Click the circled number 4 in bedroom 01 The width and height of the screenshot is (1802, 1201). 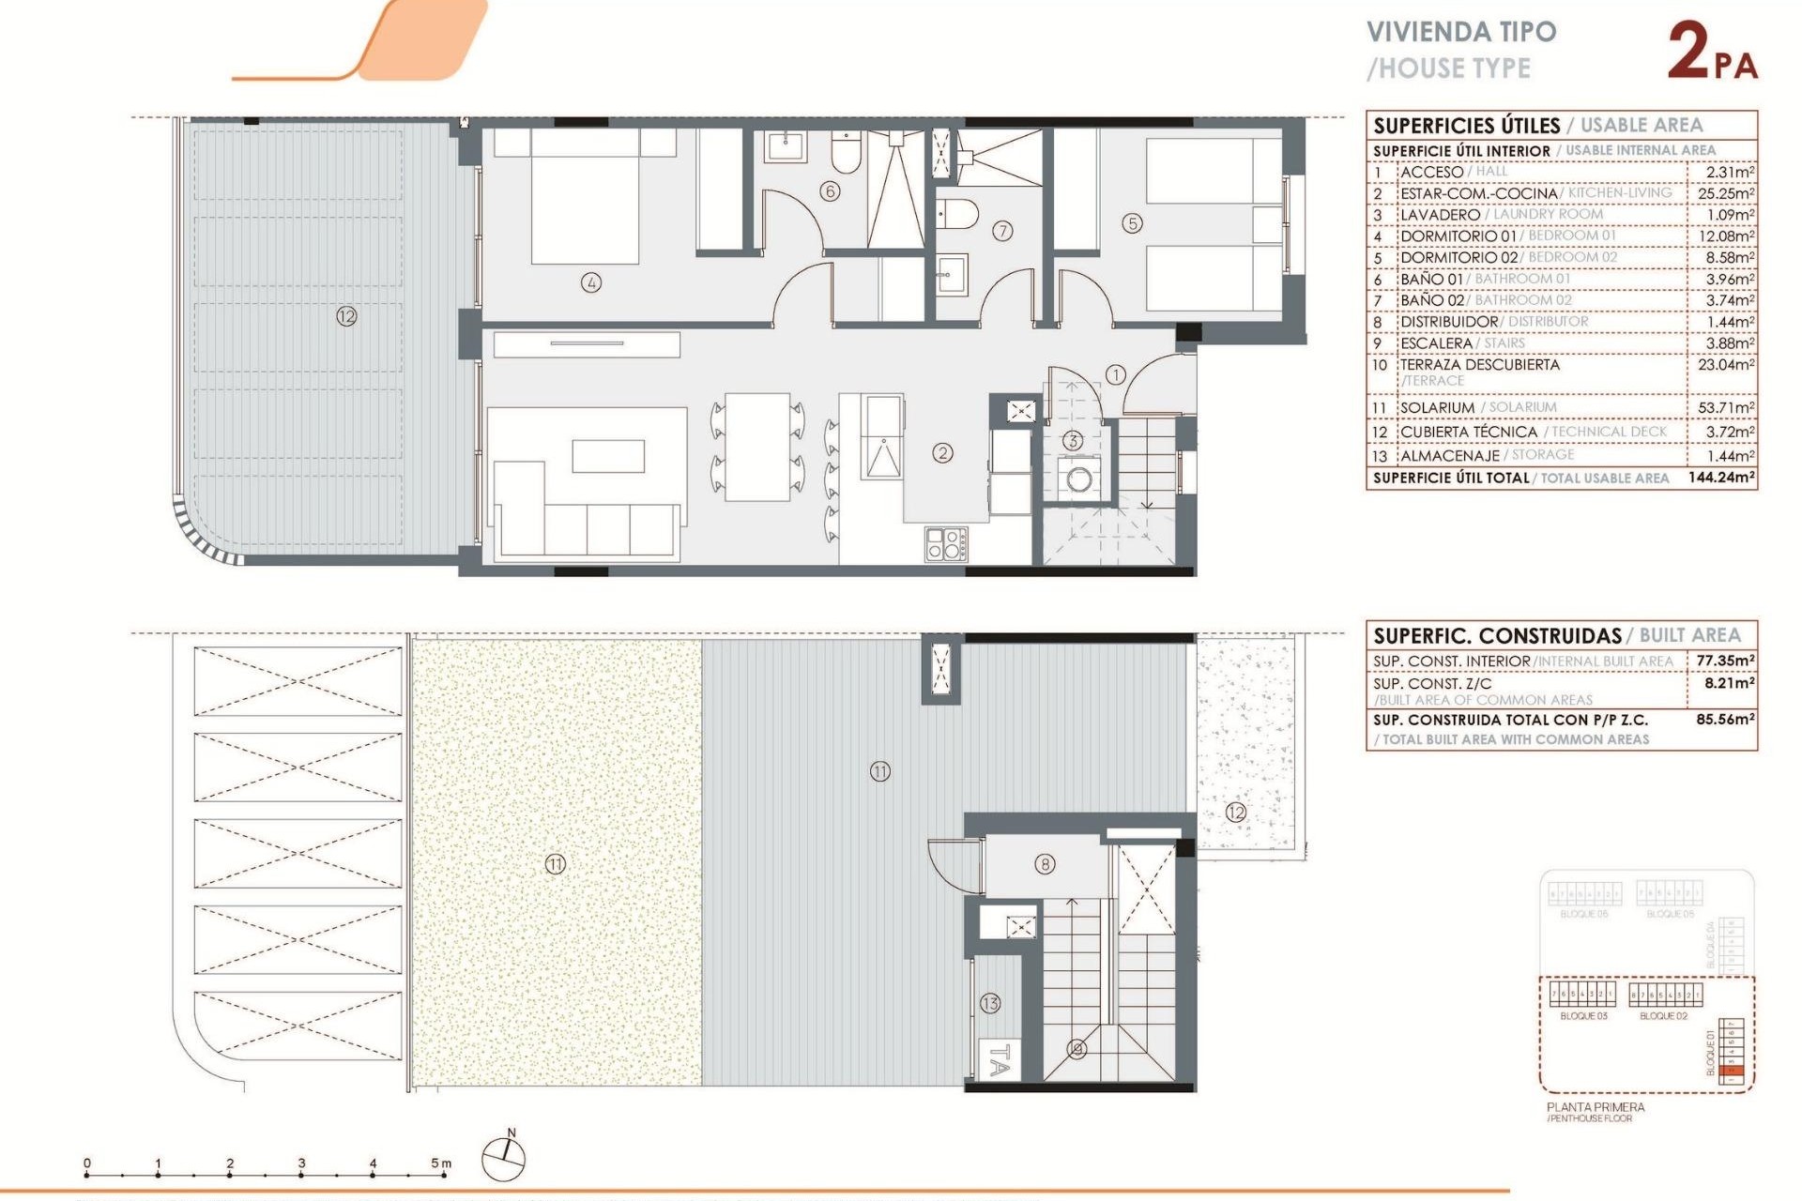[590, 282]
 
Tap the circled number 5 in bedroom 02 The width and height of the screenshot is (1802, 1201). [1133, 223]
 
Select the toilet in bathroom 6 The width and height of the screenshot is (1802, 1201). [846, 153]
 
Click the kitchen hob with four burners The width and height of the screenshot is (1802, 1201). [946, 544]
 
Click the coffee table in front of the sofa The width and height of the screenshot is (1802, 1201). [608, 456]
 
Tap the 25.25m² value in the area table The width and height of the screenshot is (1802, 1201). [1725, 193]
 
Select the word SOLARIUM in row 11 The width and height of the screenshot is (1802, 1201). [1437, 407]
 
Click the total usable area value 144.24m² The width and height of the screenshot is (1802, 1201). [1721, 478]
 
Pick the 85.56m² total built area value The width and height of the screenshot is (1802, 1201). [1725, 720]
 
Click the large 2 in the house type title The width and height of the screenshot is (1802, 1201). [1688, 52]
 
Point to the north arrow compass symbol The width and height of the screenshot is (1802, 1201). [504, 1157]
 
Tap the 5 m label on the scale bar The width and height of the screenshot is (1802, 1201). [440, 1163]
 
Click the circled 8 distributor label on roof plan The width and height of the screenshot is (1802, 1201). [1045, 864]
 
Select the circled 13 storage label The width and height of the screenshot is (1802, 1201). [990, 1003]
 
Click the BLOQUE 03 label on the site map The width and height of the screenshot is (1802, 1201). [1583, 1016]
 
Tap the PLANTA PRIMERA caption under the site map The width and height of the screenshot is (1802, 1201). [1596, 1107]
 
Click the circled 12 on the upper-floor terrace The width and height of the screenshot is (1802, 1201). [346, 316]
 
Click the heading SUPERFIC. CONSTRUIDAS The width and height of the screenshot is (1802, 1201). [1497, 635]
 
